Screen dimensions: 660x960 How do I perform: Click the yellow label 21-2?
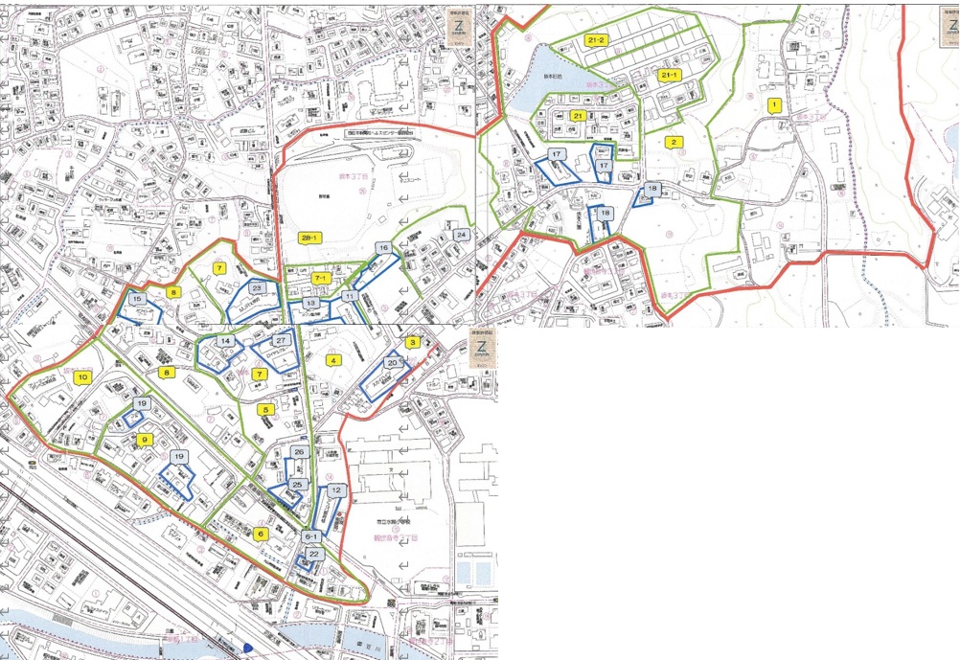pos(595,40)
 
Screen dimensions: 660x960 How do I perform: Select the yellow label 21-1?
pos(668,75)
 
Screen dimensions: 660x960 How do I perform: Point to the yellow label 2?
pos(674,143)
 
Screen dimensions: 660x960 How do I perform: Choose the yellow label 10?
pos(83,377)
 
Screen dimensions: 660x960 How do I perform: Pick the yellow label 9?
pos(145,440)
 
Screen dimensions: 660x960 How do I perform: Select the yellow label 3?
pos(413,342)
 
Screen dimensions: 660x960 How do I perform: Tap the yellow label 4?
pos(333,360)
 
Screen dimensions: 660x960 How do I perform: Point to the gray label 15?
pos(139,300)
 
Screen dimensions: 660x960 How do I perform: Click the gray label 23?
pos(256,287)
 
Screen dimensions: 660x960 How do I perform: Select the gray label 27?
pos(282,340)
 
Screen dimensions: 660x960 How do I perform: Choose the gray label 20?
pos(392,363)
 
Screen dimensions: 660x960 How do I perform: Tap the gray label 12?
pos(336,489)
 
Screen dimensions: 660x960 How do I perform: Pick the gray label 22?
pos(315,554)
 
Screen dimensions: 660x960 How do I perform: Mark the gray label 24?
pos(461,235)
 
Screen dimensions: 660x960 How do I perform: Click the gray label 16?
pos(383,249)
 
